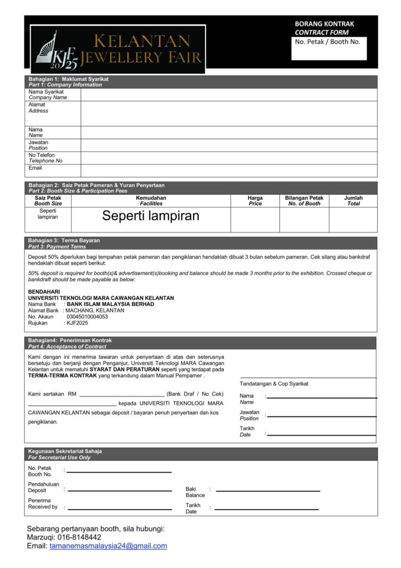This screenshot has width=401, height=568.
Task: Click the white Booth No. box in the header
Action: [329, 49]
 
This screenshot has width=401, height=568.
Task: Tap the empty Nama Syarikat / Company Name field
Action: [229, 94]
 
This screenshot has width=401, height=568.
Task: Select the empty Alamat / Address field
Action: [229, 113]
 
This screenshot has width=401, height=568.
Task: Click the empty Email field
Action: [229, 170]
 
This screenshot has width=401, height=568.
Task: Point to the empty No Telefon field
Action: [229, 158]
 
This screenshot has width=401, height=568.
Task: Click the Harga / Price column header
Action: [255, 201]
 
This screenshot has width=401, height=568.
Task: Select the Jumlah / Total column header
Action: [353, 201]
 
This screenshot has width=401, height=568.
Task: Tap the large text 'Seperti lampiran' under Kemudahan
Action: [151, 216]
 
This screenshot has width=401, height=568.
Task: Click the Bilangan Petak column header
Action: [304, 201]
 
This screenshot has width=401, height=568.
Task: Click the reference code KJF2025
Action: [77, 323]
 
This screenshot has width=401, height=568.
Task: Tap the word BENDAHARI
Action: [44, 291]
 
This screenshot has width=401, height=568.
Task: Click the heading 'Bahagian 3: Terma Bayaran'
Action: [64, 241]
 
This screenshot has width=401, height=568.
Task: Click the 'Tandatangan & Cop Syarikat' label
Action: [274, 384]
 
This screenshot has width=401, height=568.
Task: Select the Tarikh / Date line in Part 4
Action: [321, 434]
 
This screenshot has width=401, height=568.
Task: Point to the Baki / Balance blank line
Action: [268, 491]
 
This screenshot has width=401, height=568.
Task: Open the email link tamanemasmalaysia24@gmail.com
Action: [108, 546]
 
